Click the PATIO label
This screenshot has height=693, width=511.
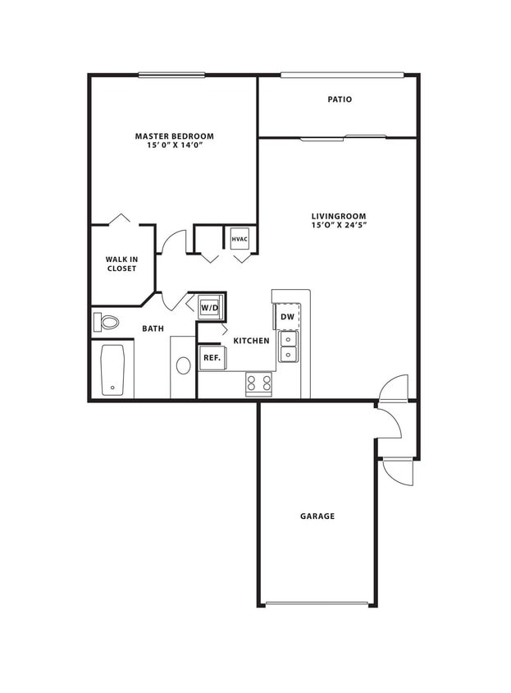340,99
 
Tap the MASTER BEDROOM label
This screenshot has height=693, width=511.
174,135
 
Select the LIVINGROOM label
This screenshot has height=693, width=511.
339,216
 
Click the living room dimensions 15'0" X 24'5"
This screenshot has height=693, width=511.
339,225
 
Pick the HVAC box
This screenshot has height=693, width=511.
240,239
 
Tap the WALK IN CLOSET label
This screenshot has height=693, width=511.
121,264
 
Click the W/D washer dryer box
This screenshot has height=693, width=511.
210,308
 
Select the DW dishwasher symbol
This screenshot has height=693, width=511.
287,316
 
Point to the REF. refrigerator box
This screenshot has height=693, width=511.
212,357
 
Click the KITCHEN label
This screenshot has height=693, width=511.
252,340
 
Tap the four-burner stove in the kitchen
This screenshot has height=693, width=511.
259,383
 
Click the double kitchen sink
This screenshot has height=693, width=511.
289,346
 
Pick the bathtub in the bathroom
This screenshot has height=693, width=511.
112,370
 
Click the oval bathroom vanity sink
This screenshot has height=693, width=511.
183,365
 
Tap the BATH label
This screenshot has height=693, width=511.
153,328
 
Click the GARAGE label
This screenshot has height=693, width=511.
317,516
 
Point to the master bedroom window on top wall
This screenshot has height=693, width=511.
171,75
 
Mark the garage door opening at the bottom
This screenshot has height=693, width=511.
317,605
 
